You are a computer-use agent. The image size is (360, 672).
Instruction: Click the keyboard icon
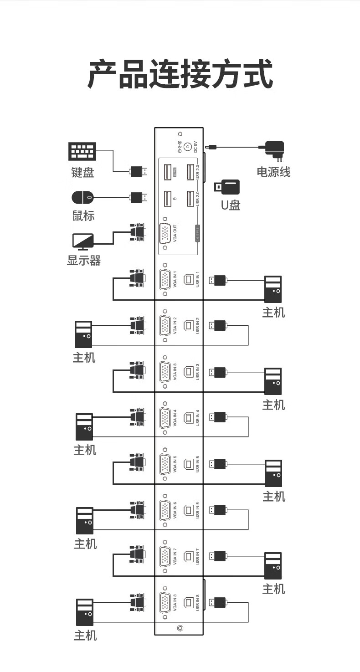[82, 151]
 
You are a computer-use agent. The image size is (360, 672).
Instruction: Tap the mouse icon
[83, 197]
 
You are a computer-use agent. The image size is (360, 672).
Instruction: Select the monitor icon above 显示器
[83, 241]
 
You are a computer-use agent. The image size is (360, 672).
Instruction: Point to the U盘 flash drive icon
[227, 187]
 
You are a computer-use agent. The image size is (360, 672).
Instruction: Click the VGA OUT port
[165, 233]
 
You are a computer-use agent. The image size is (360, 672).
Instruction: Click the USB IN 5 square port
[188, 464]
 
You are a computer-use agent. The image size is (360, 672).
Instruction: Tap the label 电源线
[273, 172]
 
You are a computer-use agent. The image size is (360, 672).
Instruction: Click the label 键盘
[83, 172]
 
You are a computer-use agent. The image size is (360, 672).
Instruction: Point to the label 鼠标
[83, 215]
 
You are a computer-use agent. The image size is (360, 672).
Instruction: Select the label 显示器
[84, 260]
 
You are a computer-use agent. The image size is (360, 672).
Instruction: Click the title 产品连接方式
[180, 74]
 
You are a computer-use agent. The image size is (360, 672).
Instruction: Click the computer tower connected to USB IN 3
[273, 381]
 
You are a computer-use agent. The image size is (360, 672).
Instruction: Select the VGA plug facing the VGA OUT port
[138, 232]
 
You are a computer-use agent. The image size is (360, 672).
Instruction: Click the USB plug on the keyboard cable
[139, 172]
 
